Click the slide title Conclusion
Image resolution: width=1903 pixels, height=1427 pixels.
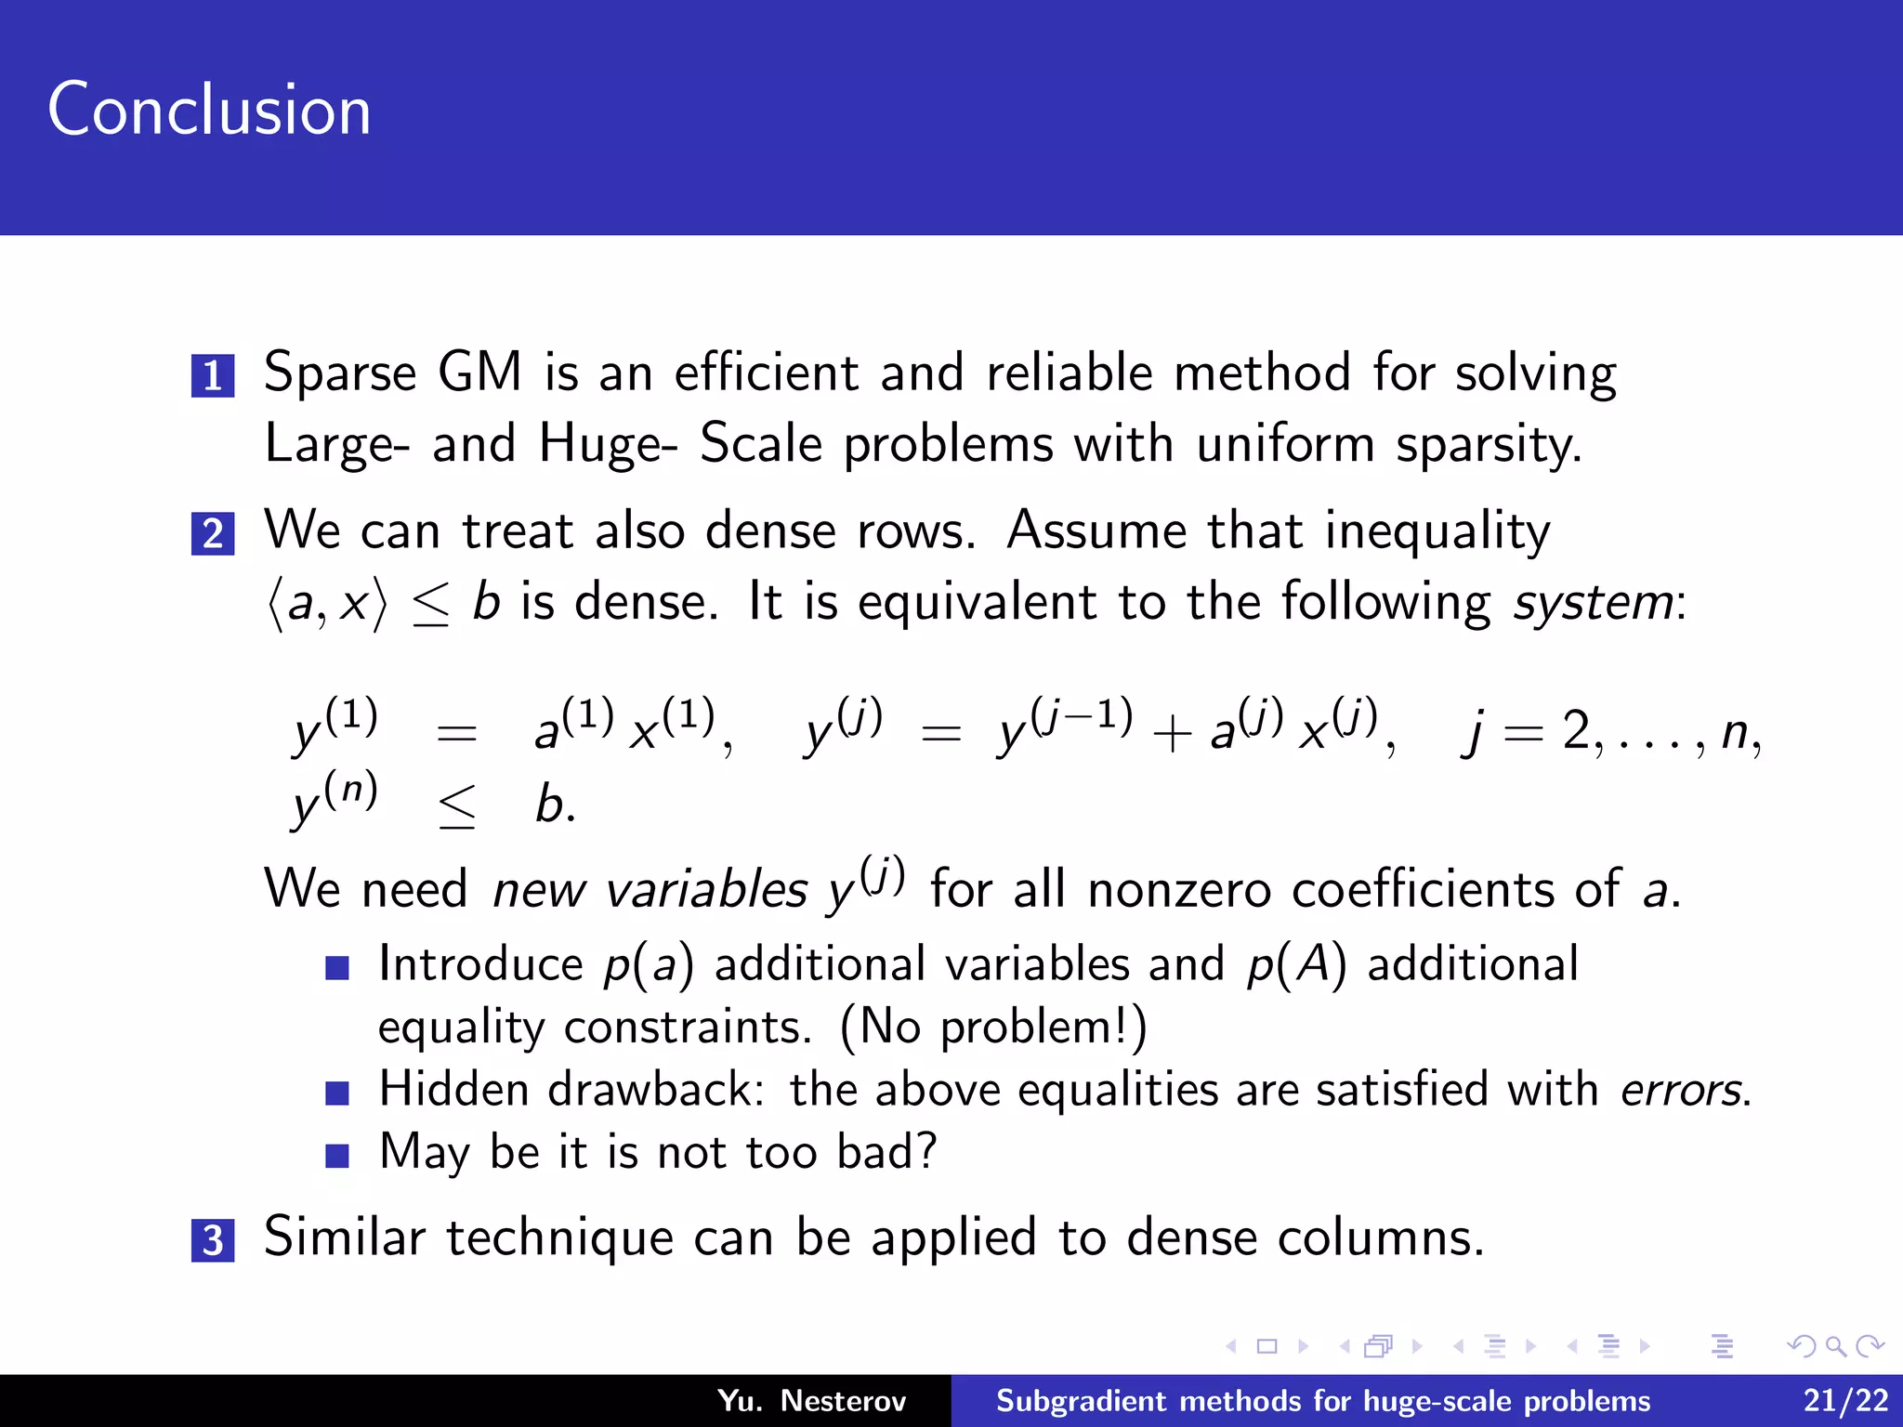(209, 110)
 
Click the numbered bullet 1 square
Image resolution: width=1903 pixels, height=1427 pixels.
(213, 375)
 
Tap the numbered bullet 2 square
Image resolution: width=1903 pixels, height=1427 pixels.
(213, 534)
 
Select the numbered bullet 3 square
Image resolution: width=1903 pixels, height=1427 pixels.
(213, 1240)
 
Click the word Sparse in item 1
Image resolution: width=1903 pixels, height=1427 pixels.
(340, 373)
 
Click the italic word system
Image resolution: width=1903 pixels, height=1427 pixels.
(1593, 602)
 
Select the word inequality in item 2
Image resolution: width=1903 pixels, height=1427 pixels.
(1437, 531)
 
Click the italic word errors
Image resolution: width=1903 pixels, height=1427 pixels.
(1681, 1090)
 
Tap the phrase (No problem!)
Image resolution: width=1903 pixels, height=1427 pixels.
(993, 1028)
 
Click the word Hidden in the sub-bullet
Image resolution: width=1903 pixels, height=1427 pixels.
(454, 1089)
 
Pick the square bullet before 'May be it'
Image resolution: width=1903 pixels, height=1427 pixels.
(337, 1155)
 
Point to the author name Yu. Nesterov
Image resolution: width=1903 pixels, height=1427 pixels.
(811, 1400)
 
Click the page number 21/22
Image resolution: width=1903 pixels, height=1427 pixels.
(1845, 1400)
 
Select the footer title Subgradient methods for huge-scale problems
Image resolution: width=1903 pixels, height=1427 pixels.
(1323, 1400)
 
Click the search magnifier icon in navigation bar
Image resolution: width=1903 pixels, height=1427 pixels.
(1834, 1346)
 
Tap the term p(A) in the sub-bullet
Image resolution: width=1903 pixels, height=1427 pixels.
(1296, 964)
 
